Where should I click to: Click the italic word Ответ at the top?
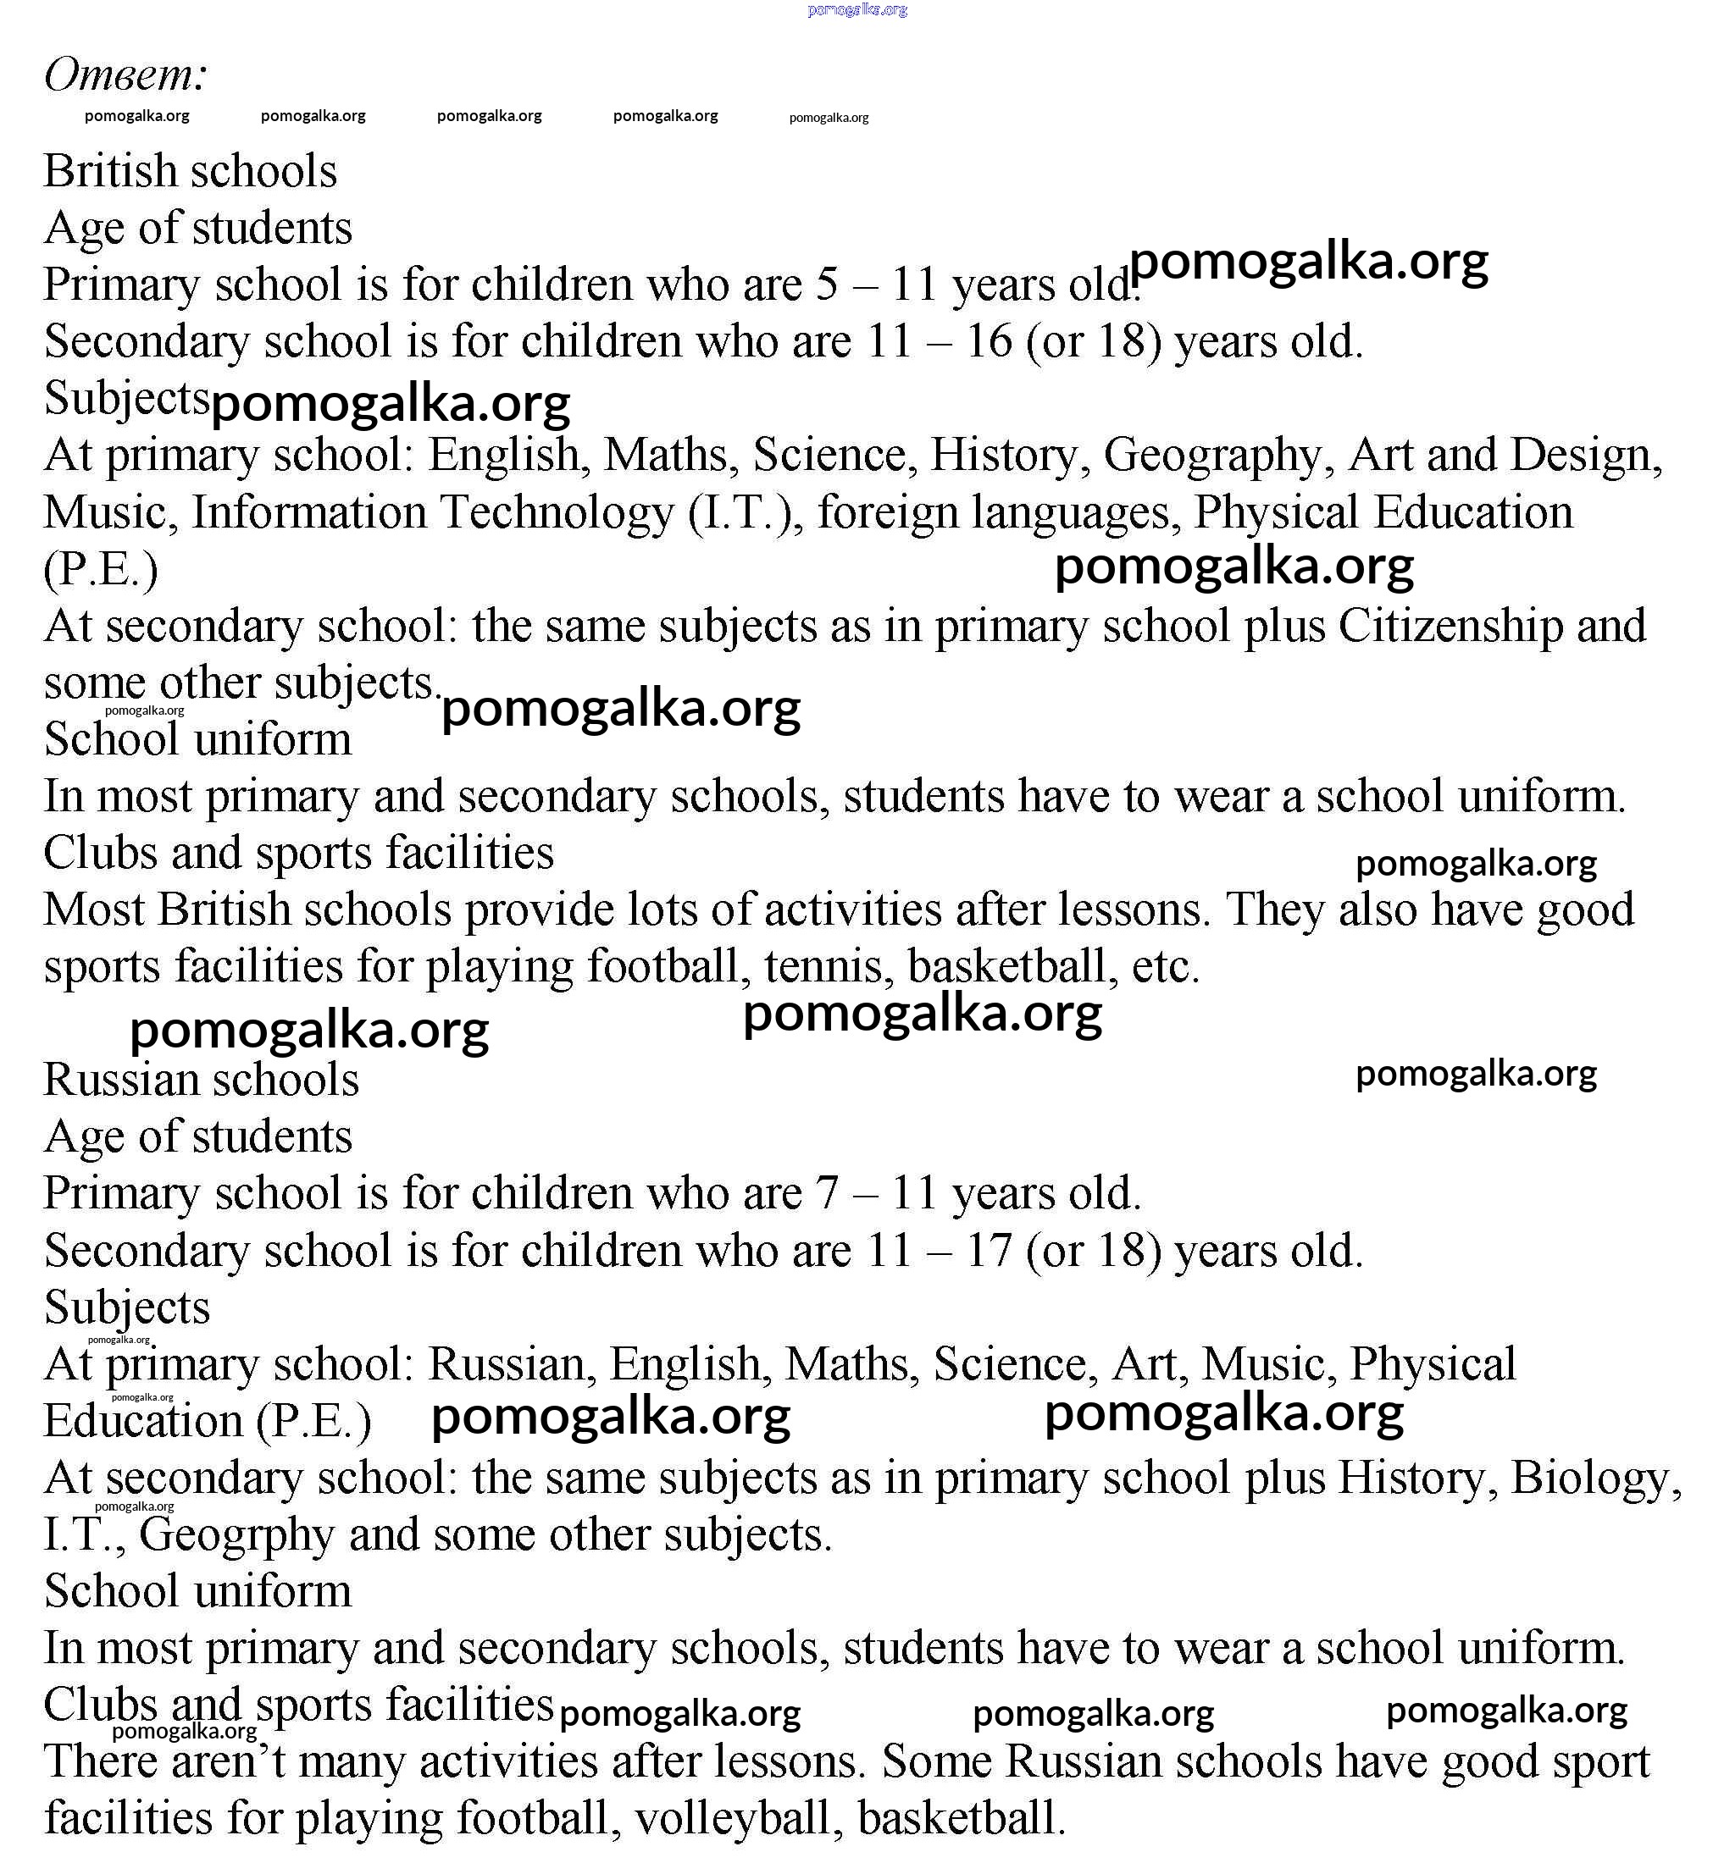tap(125, 74)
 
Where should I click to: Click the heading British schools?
tap(191, 171)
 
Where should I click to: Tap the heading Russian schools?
tap(201, 1079)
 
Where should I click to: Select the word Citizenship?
tap(1450, 626)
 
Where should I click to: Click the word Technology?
tap(556, 512)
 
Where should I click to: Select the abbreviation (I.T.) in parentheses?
tap(746, 512)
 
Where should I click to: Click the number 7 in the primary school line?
tap(827, 1193)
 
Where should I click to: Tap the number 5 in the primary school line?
tap(827, 285)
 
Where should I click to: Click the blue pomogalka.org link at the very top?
tap(857, 9)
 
